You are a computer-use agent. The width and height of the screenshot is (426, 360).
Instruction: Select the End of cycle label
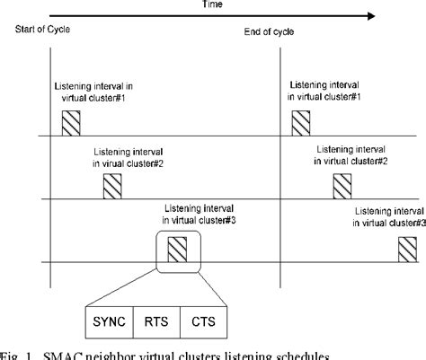tap(267, 33)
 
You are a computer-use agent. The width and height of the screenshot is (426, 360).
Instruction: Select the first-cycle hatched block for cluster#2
tap(112, 187)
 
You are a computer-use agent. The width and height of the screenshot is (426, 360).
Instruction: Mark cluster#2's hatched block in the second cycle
tap(343, 187)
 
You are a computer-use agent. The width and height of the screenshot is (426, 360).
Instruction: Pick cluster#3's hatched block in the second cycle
tap(409, 249)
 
